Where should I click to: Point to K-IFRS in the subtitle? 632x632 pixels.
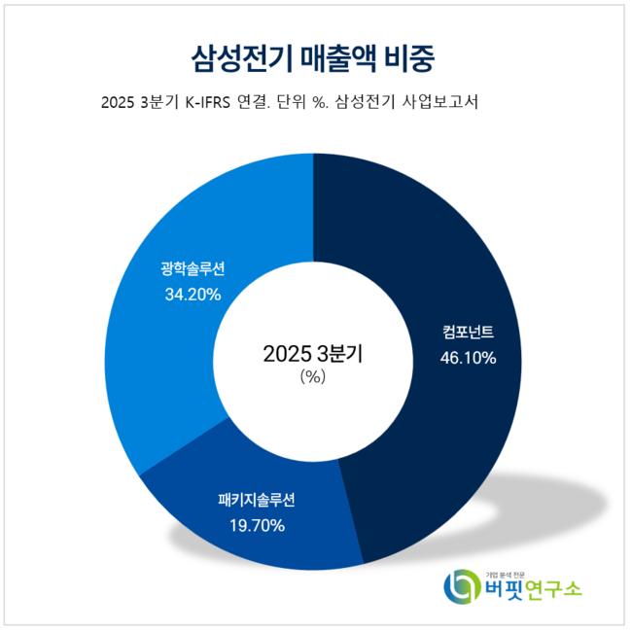tap(213, 103)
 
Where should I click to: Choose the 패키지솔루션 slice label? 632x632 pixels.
tap(255, 502)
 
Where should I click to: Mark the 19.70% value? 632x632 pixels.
tap(255, 526)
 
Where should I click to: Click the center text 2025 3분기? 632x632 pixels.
tap(313, 354)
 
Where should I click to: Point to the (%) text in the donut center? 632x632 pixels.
tap(313, 377)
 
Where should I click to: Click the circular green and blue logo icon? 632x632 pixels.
tap(460, 586)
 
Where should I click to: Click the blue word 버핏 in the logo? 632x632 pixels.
tap(501, 588)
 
